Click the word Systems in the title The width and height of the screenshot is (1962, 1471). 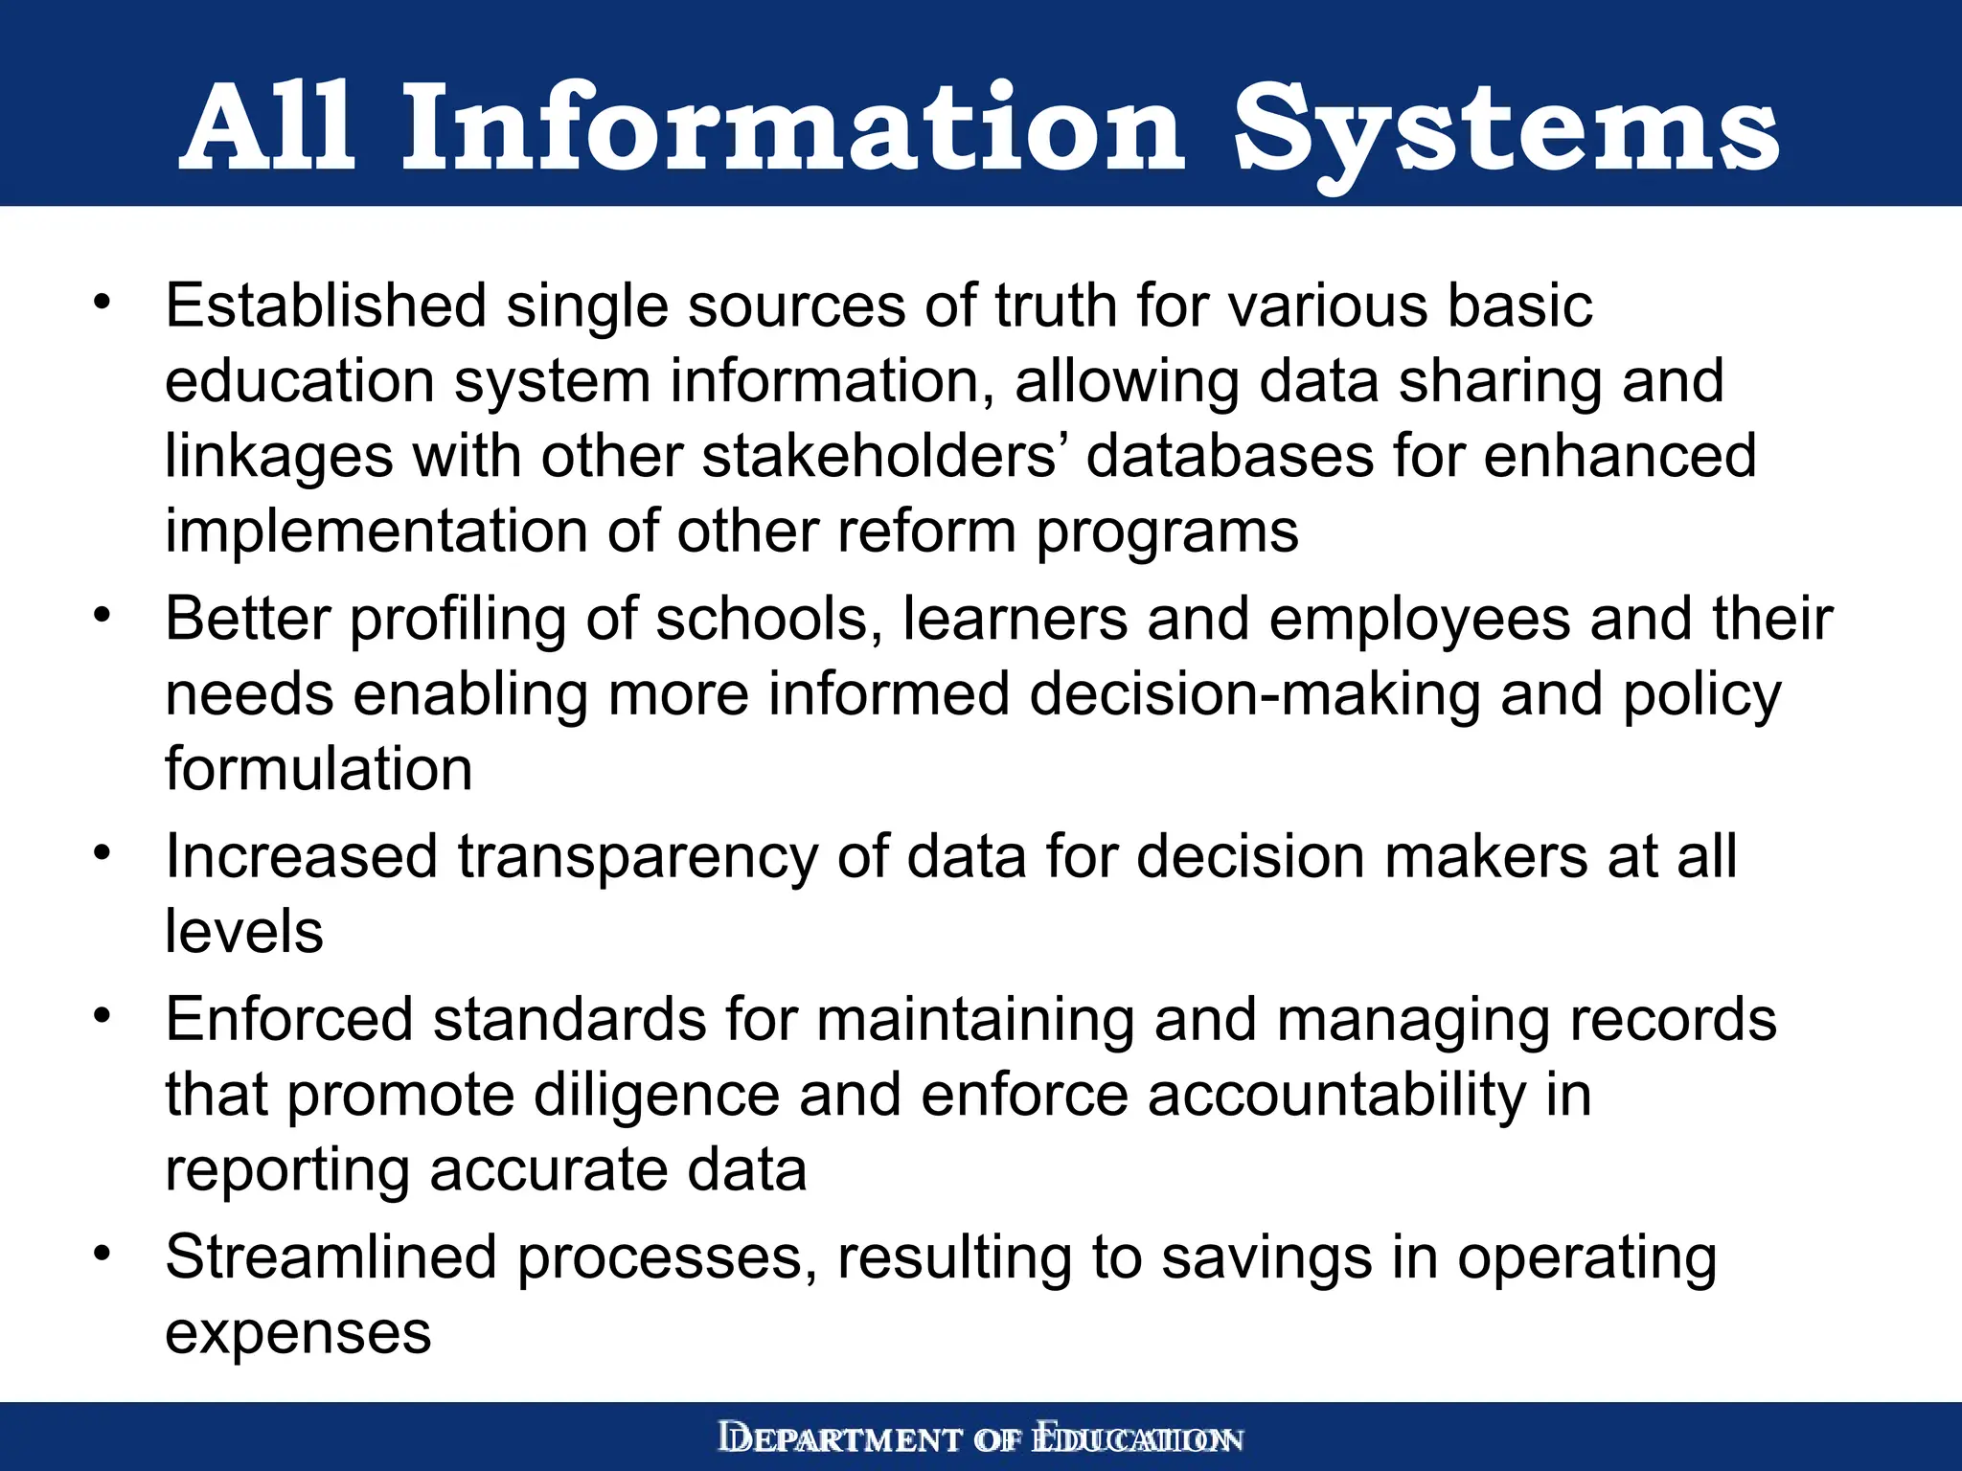tap(1505, 129)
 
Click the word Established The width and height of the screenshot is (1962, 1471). tap(326, 306)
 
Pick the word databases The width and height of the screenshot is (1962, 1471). tap(1231, 456)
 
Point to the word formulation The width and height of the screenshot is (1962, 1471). tap(319, 769)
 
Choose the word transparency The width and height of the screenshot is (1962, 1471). tap(637, 856)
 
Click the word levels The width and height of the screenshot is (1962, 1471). tap(244, 931)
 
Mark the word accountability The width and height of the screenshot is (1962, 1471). tap(1336, 1095)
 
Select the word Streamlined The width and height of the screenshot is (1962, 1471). tap(331, 1257)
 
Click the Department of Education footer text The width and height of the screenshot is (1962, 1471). tap(981, 1438)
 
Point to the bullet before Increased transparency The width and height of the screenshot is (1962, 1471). tap(103, 851)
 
